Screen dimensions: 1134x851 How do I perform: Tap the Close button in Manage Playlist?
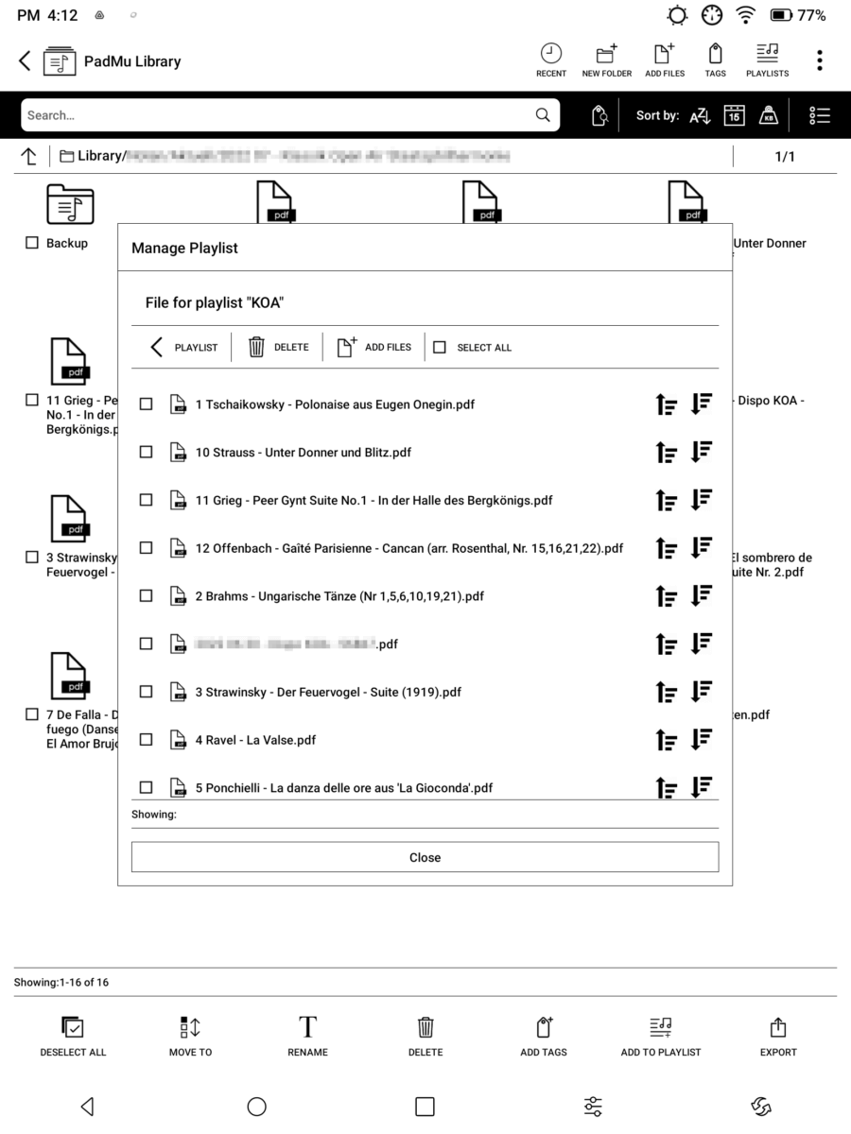tap(425, 857)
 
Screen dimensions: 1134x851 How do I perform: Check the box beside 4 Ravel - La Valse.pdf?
tap(146, 740)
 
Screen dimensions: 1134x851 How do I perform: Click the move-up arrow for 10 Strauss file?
tap(667, 453)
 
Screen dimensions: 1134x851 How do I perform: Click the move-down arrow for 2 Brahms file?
tap(701, 596)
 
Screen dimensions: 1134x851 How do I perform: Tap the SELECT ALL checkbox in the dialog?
tap(440, 348)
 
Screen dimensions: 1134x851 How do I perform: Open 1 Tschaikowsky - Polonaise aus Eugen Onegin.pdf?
tap(335, 404)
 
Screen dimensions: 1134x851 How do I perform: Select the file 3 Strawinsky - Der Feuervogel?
tap(146, 692)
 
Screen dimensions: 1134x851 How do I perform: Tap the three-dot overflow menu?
tap(819, 60)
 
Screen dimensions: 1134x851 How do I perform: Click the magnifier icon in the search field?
tap(543, 115)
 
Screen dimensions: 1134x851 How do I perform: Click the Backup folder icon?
tap(70, 204)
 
